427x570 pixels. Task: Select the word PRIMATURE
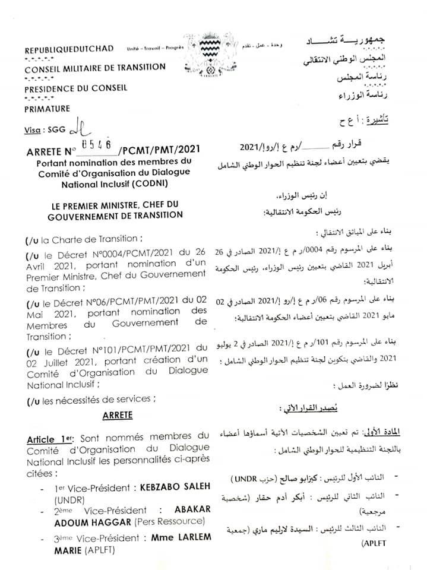point(47,109)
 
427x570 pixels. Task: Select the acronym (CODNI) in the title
point(166,183)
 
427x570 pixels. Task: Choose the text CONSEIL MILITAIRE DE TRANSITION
point(95,68)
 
